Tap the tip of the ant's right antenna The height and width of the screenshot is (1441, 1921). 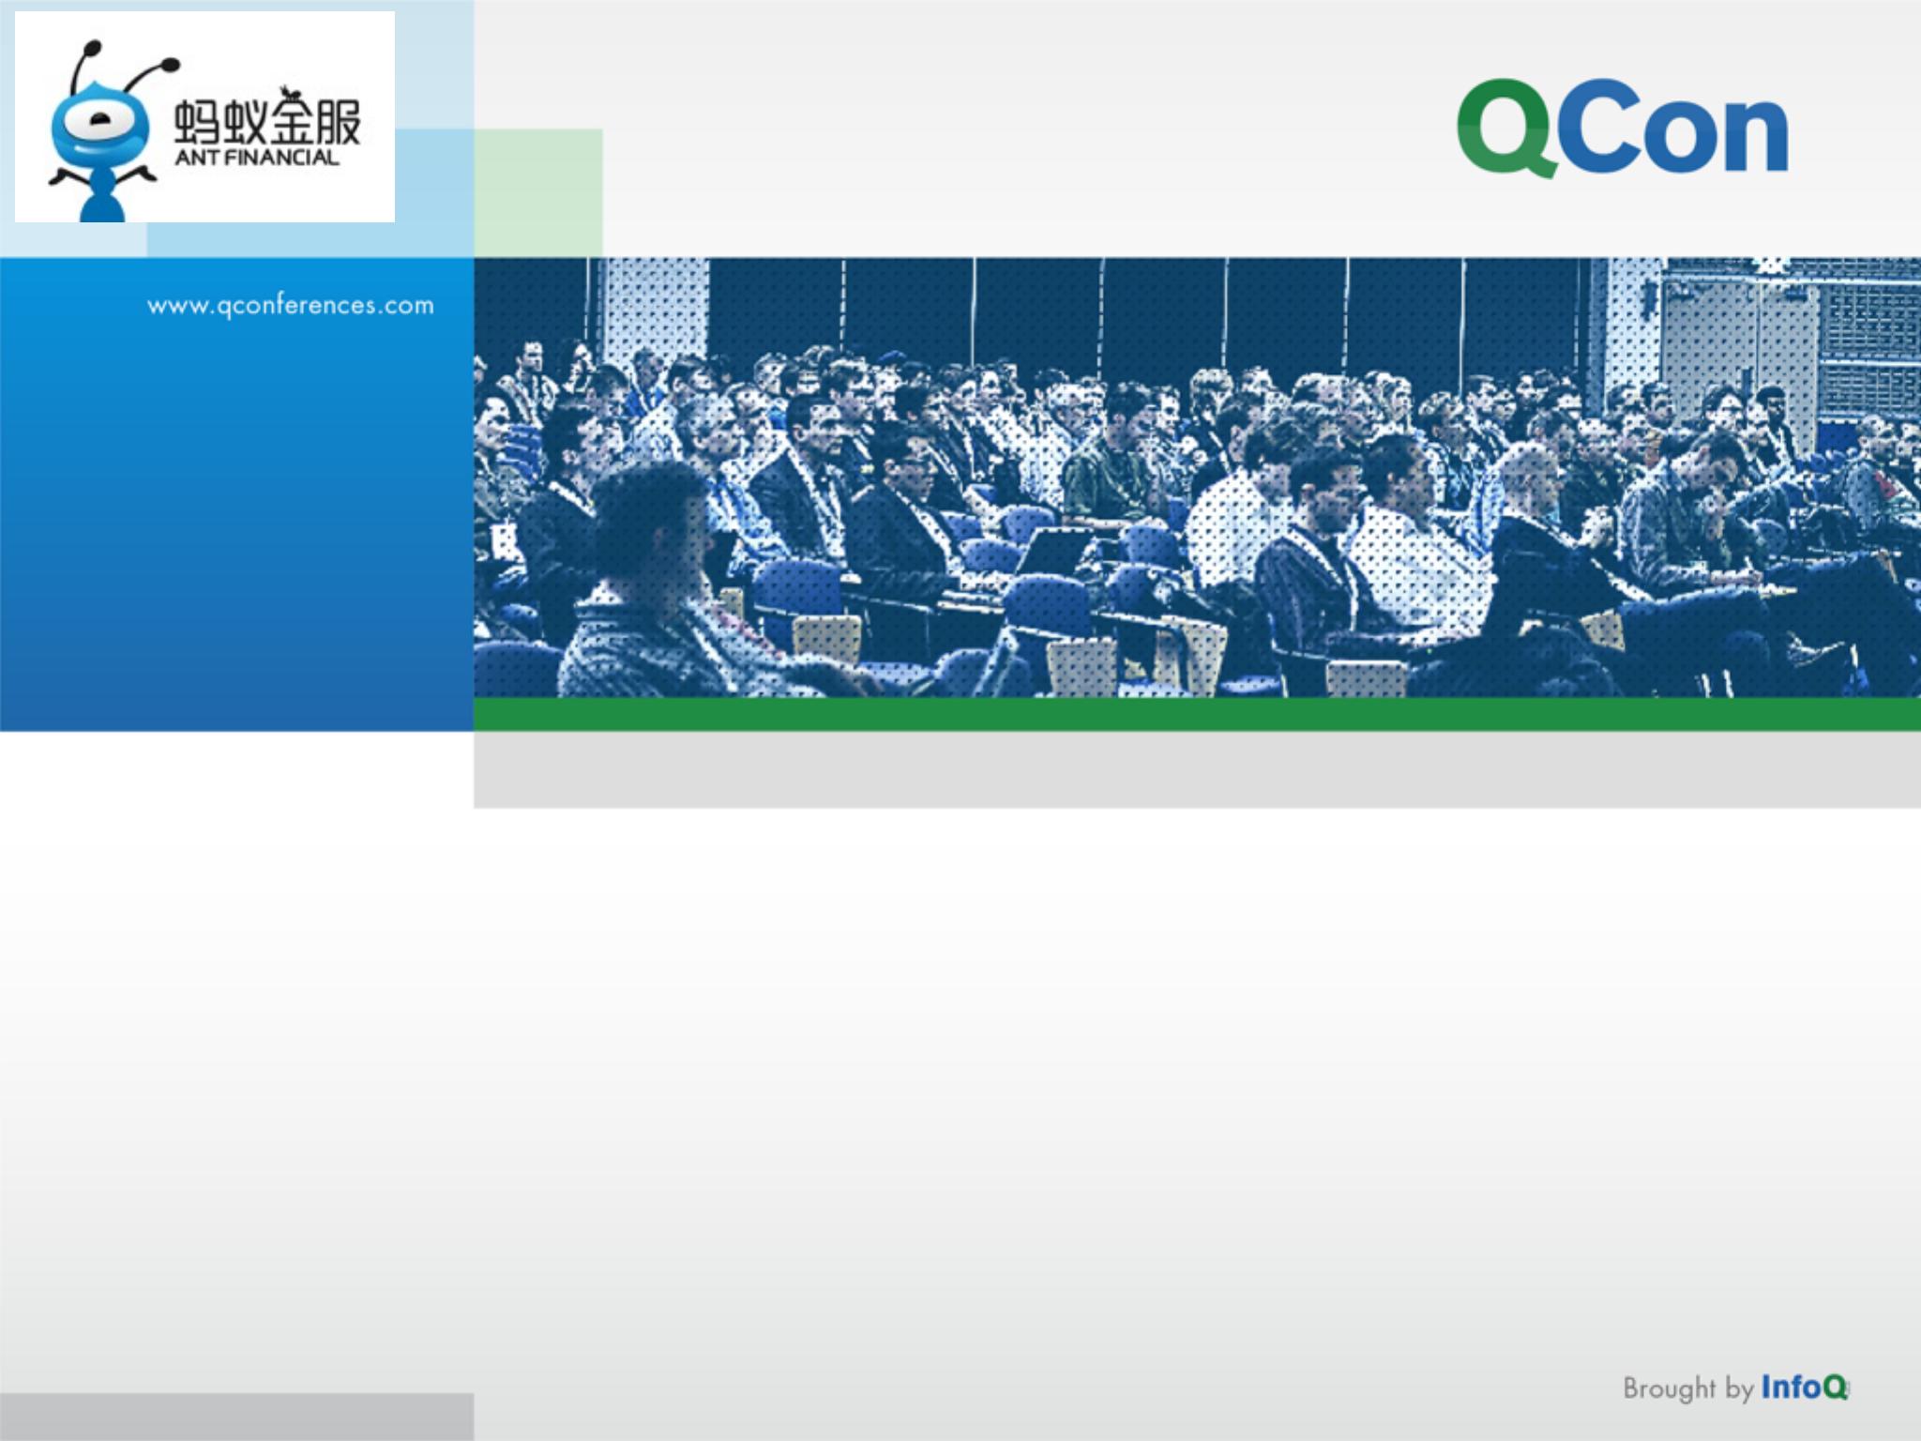coord(171,65)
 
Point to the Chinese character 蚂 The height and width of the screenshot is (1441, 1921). coord(196,125)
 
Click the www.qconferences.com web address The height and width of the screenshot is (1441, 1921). coord(291,306)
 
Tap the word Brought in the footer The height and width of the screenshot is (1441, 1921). coord(1669,1388)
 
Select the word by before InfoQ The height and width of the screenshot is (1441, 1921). coord(1738,1388)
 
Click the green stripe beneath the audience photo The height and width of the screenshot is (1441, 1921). coord(1197,714)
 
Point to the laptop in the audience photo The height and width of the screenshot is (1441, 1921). coord(1050,552)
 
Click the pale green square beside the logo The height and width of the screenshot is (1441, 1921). coord(537,192)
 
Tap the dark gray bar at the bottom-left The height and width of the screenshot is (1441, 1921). coord(236,1418)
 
